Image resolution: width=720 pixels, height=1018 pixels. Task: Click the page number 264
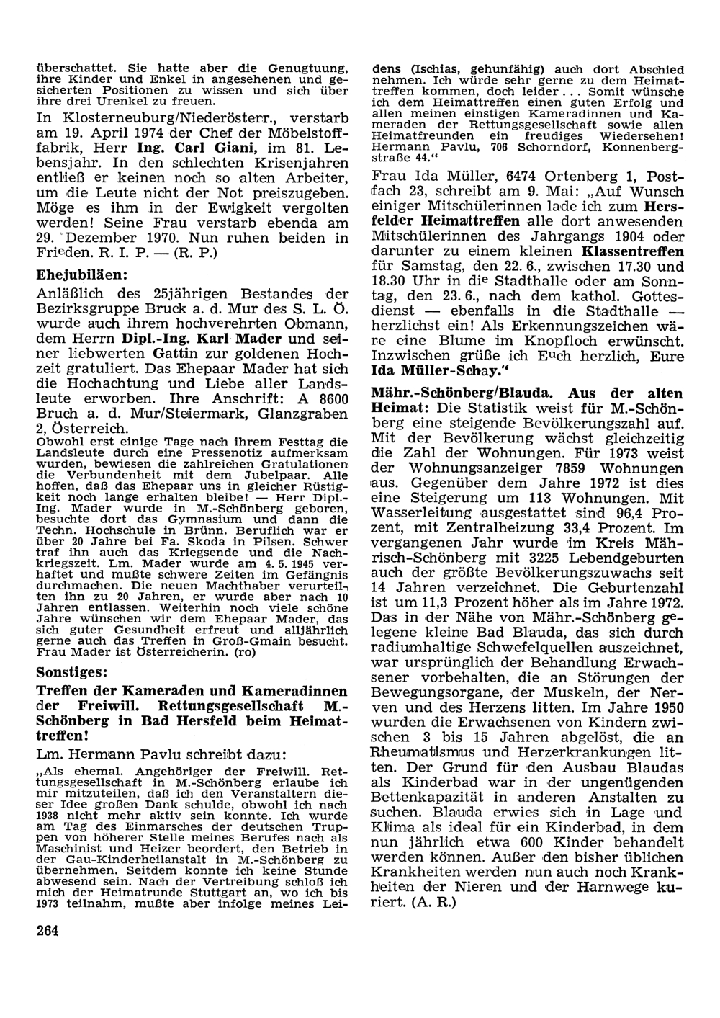(x=47, y=929)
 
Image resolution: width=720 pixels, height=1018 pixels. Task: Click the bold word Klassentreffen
(x=633, y=252)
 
